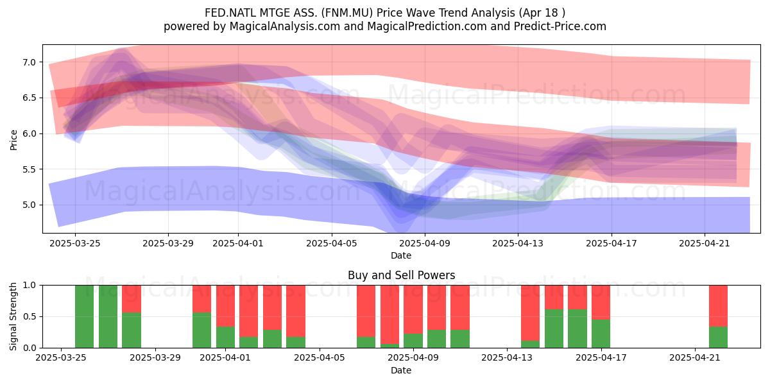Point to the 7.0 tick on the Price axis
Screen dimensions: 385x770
(30, 62)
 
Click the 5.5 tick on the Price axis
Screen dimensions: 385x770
(30, 169)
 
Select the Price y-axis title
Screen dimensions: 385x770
(14, 139)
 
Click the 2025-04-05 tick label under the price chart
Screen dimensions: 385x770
(332, 243)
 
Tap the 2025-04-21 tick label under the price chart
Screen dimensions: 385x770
(705, 243)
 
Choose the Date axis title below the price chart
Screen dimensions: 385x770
(401, 255)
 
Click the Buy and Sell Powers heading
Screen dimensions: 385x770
(401, 275)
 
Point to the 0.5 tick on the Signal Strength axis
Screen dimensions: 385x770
(30, 316)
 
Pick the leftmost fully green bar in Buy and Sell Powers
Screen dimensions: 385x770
(85, 316)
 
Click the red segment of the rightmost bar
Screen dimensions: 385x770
(718, 305)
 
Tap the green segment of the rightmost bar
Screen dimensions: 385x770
(718, 338)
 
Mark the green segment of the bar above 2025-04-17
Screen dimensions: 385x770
(601, 334)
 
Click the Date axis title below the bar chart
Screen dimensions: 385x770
(401, 370)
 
